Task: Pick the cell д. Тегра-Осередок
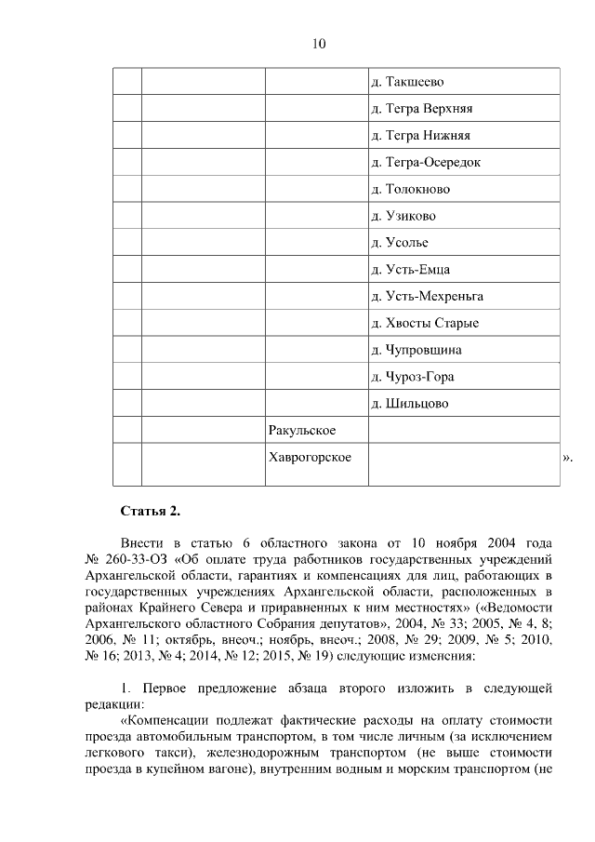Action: pos(426,163)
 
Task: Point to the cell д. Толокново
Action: pos(410,190)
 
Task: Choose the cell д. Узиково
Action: pos(403,217)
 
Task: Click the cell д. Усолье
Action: pos(401,244)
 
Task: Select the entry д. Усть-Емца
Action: pos(410,271)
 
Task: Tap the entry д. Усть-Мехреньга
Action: pos(427,298)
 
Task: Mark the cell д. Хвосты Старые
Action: pos(425,325)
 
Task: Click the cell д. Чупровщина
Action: pos(416,351)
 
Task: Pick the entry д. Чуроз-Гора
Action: pos(415,378)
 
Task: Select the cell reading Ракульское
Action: pos(301,430)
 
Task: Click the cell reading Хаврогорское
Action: pos(309,458)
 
